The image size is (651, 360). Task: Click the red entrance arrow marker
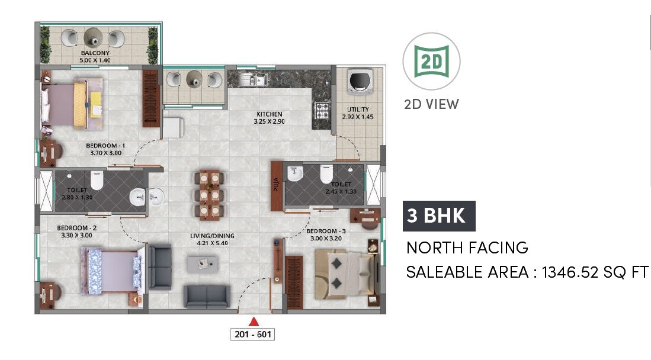click(254, 322)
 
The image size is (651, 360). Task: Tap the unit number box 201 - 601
click(252, 334)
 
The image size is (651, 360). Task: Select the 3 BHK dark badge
click(439, 216)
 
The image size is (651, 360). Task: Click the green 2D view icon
click(432, 62)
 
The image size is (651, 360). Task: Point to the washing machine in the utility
click(358, 82)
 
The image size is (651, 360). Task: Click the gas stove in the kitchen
click(322, 110)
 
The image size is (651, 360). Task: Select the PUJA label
click(276, 187)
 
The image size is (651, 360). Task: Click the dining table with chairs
click(209, 193)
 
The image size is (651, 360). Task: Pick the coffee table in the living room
click(203, 263)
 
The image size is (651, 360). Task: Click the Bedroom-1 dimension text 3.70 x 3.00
click(105, 153)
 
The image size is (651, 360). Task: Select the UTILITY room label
click(358, 110)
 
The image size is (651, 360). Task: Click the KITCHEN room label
click(269, 114)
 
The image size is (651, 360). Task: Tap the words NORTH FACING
click(467, 247)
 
